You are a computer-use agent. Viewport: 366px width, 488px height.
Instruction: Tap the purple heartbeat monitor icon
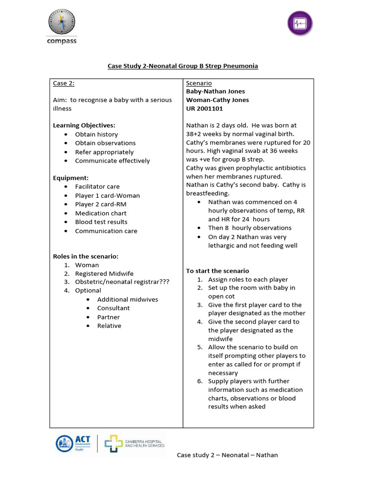300,23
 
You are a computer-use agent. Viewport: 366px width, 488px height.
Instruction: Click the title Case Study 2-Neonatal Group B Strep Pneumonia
183,66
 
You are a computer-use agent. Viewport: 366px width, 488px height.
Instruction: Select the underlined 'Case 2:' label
63,83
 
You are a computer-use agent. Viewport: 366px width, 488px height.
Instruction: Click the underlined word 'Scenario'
199,83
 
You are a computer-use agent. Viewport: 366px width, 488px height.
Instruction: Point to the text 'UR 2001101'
204,109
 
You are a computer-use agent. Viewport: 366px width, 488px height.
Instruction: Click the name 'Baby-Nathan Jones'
215,91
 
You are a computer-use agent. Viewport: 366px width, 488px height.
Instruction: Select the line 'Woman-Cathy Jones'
217,100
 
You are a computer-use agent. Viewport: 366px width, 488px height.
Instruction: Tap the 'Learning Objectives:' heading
84,125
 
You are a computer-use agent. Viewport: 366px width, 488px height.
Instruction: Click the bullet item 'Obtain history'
96,134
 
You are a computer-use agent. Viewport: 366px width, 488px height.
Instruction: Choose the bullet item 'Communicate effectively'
112,161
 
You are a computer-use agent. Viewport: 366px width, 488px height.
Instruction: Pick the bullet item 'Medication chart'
101,213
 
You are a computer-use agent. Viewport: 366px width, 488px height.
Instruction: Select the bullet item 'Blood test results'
101,222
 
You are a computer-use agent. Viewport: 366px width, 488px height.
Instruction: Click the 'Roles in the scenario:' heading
85,256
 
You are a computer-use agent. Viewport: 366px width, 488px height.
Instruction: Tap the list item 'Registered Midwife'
104,274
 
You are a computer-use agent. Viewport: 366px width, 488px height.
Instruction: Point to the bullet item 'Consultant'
113,308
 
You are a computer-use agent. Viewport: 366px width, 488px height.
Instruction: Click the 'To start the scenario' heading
217,271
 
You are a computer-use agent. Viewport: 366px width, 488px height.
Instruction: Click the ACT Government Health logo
73,443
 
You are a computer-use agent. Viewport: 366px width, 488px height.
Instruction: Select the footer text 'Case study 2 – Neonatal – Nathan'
227,455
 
